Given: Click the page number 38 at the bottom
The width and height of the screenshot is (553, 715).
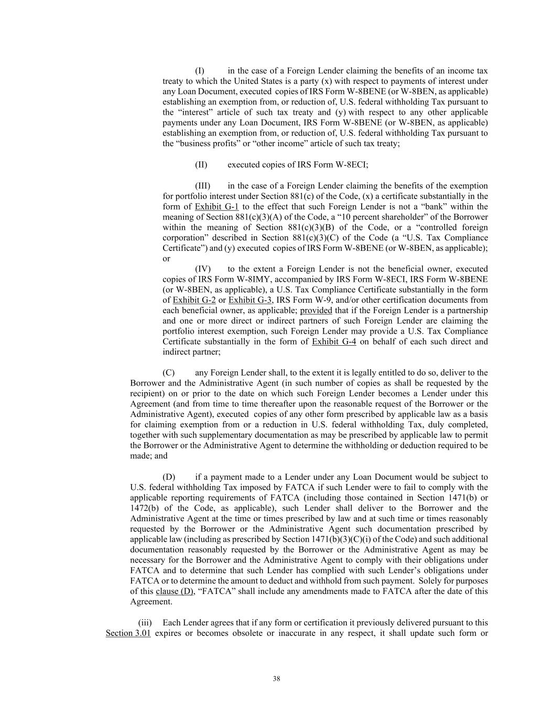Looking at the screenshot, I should (x=276, y=679).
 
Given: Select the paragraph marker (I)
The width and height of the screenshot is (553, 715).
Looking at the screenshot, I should (x=200, y=71).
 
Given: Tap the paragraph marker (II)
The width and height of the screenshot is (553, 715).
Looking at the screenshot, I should (x=201, y=164).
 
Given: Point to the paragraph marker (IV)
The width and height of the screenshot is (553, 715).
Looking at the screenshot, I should (x=203, y=269).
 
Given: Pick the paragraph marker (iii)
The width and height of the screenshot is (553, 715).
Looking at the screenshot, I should (x=145, y=623).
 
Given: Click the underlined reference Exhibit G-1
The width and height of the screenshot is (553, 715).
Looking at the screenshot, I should (x=216, y=206).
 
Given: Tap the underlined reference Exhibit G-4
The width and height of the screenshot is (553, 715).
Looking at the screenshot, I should (x=334, y=342).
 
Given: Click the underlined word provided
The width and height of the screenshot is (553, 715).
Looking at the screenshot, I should (x=316, y=311).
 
